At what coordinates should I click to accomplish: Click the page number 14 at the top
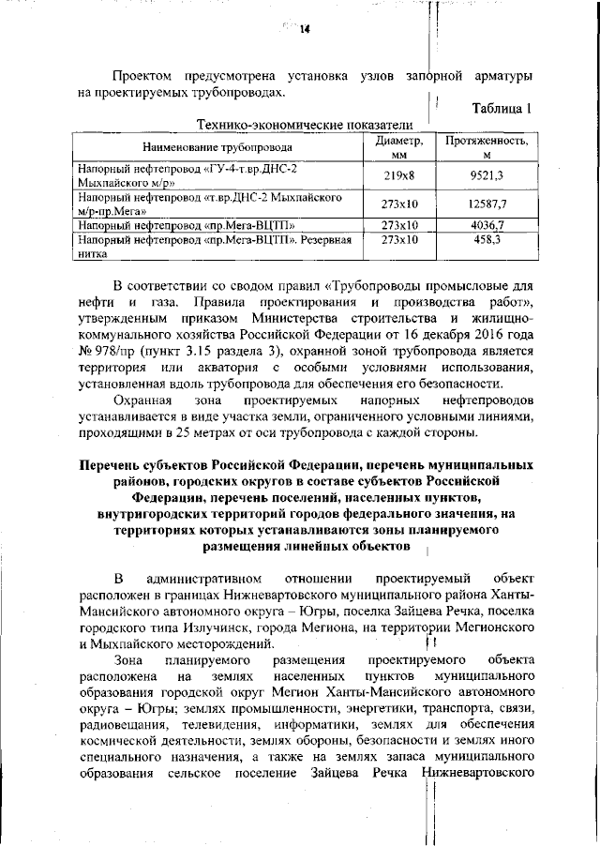tap(304, 29)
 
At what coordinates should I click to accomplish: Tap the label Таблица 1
tap(502, 108)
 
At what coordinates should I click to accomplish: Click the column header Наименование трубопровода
tap(217, 147)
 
